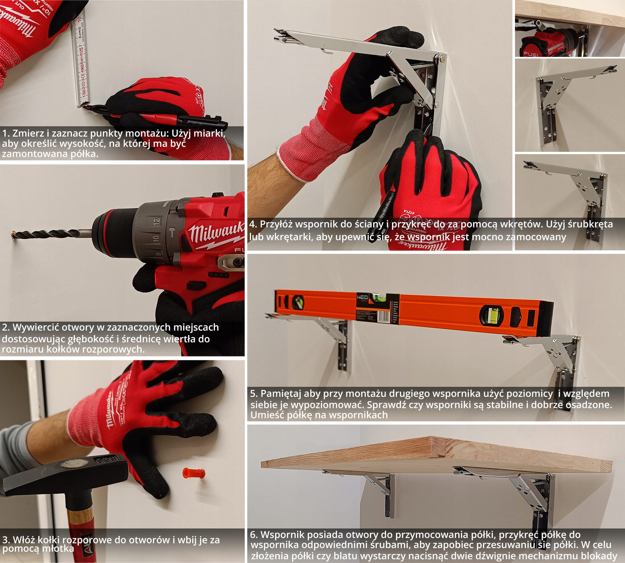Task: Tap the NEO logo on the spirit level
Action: point(363,298)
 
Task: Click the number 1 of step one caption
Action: point(4,133)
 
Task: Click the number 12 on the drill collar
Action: point(156,221)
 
